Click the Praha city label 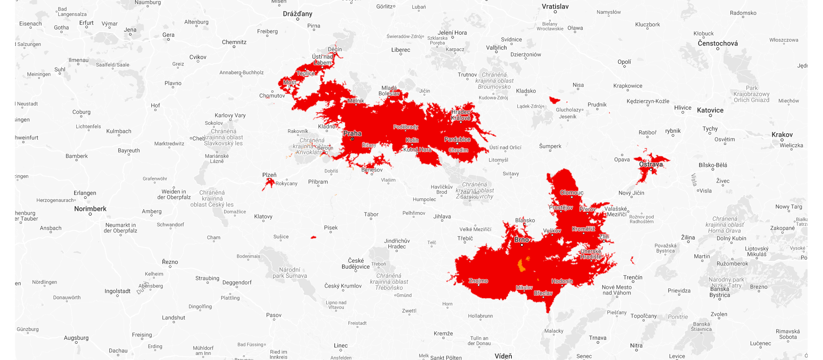[x=352, y=133]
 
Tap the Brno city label [x=521, y=240]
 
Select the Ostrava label [x=651, y=164]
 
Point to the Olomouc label [x=571, y=192]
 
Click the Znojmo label [x=478, y=281]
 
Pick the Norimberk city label [x=90, y=209]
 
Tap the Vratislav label [x=555, y=6]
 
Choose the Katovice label [x=710, y=110]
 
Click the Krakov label [x=782, y=135]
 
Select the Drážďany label [x=297, y=14]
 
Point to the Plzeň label [x=269, y=175]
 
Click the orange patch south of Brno [x=522, y=266]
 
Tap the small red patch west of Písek [x=313, y=237]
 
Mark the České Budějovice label [x=355, y=264]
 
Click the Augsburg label [x=76, y=338]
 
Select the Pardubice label [x=457, y=139]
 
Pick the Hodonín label [x=562, y=281]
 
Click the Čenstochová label [x=718, y=43]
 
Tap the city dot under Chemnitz [x=234, y=47]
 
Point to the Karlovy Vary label [x=230, y=115]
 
